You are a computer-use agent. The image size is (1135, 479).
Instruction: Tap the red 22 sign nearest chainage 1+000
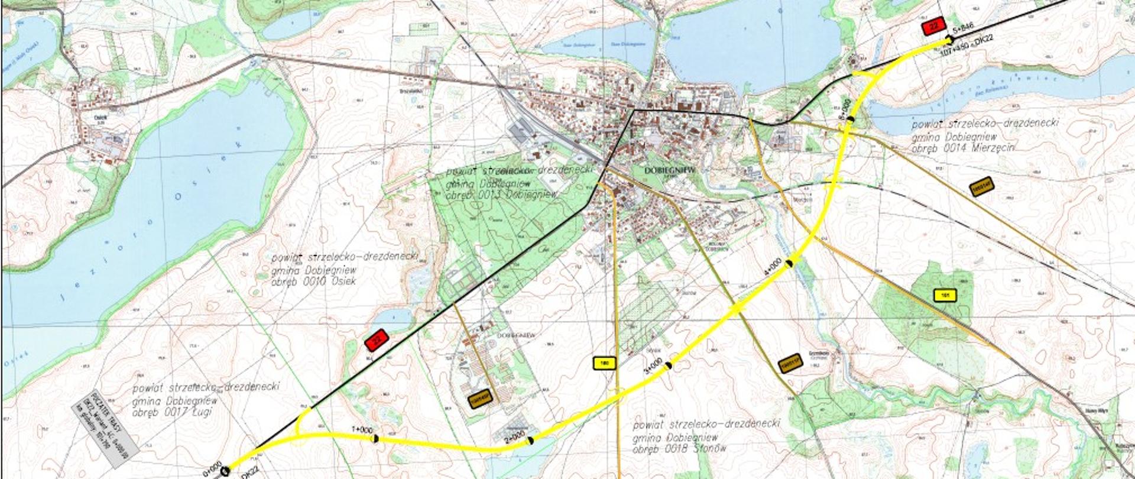(376, 339)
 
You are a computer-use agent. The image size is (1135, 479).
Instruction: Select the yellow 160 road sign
(604, 363)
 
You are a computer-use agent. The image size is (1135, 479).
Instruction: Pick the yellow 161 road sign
(944, 294)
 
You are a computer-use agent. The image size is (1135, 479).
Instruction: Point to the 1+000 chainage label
(362, 429)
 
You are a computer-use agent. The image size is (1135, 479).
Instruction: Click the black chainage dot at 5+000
(850, 119)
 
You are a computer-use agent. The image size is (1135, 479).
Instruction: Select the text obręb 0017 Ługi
(176, 412)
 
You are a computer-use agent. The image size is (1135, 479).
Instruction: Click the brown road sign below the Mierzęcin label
(982, 186)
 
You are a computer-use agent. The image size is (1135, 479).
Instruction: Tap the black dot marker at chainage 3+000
(669, 365)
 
